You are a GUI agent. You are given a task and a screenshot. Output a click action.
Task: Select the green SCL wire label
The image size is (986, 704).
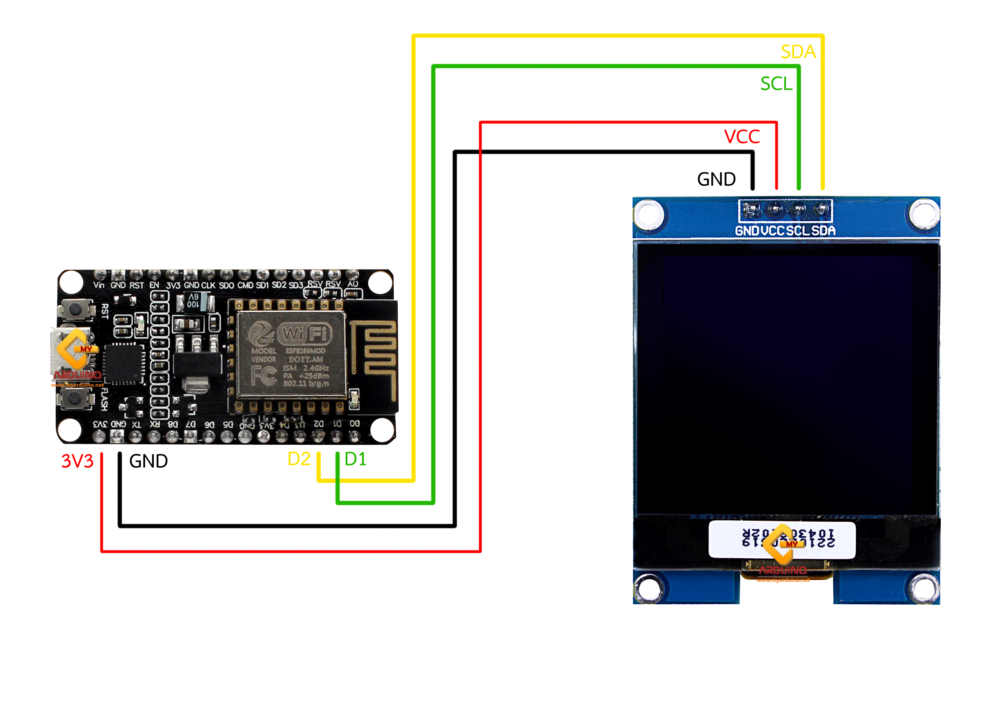click(776, 84)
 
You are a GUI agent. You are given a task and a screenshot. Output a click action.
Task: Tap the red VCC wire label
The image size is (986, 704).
click(741, 137)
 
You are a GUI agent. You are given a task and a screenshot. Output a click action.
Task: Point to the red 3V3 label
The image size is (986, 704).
click(77, 461)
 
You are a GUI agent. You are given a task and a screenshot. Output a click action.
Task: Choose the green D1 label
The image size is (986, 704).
click(355, 459)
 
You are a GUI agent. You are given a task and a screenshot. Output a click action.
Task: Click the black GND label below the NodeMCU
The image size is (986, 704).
click(148, 461)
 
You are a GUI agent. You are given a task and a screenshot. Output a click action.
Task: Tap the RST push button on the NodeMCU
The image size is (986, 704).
click(75, 309)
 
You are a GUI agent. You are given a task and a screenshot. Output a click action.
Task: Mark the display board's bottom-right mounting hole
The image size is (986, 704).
click(923, 587)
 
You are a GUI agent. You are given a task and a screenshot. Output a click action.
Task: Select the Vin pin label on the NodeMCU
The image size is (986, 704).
click(99, 285)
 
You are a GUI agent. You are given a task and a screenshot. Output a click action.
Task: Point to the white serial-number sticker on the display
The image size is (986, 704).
click(781, 540)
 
